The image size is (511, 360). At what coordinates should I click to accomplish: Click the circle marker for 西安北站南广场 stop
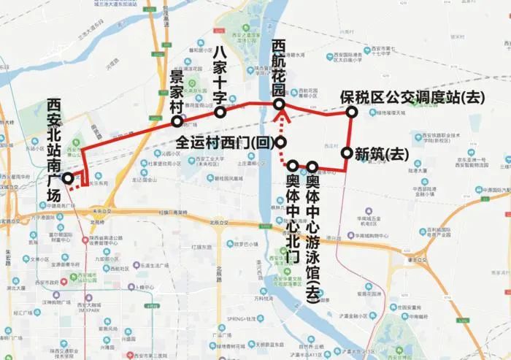[67, 178]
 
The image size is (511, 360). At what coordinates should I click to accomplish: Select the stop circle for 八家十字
[219, 112]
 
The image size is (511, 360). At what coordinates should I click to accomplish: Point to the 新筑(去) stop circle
[346, 153]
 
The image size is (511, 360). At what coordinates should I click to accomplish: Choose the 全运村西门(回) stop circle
[281, 142]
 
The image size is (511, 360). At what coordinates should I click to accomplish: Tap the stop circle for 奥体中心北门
[293, 166]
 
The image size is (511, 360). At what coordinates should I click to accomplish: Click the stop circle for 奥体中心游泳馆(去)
[312, 166]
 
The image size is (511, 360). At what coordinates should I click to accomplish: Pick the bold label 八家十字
[225, 74]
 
